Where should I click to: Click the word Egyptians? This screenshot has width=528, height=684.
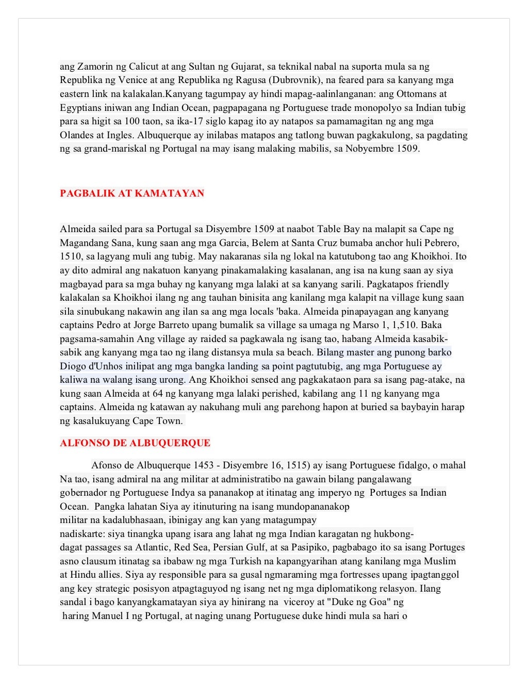pos(81,108)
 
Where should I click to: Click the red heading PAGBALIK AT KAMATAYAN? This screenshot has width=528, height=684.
pos(132,193)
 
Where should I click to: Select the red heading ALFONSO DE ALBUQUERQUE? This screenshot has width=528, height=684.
pos(135,443)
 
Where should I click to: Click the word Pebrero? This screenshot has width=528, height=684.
pos(441,243)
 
